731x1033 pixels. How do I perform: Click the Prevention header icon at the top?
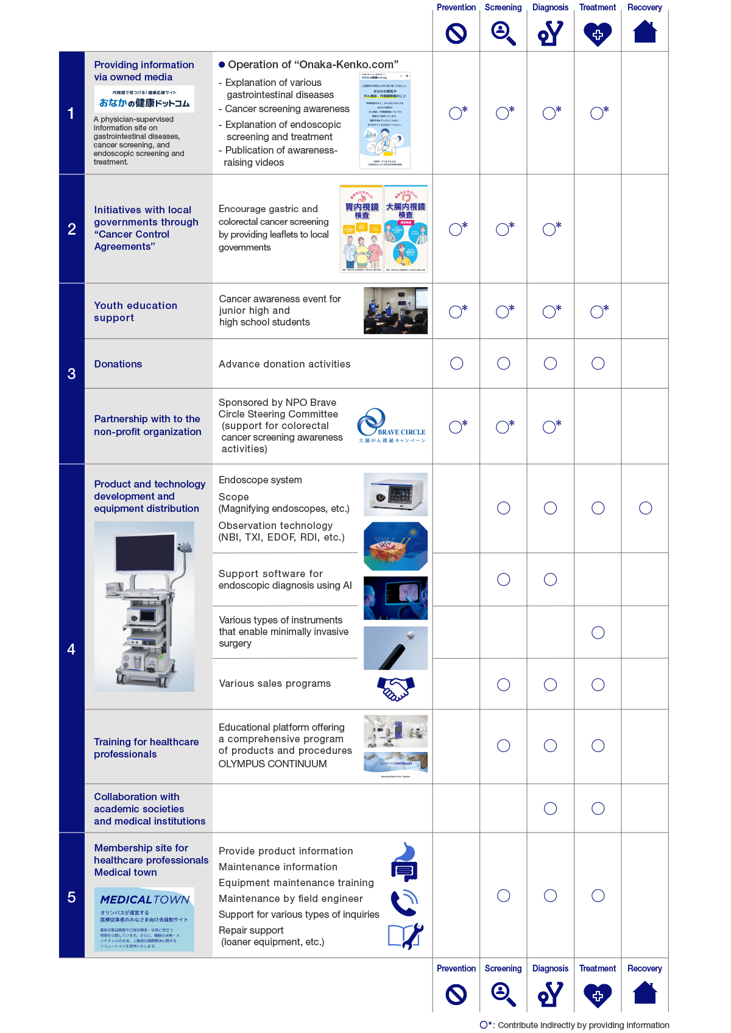click(x=456, y=34)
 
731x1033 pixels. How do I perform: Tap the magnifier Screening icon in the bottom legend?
click(x=503, y=994)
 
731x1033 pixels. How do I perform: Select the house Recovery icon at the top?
click(x=644, y=32)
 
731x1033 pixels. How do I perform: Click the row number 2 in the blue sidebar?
click(x=72, y=229)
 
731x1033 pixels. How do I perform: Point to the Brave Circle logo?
click(x=392, y=426)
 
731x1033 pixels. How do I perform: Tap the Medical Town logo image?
click(x=144, y=919)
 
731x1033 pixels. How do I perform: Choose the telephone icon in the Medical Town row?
click(x=403, y=903)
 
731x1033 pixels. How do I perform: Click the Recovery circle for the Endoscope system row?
click(x=646, y=508)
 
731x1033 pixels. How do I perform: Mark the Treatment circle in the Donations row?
click(x=598, y=364)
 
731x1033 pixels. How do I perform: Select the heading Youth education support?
click(x=136, y=311)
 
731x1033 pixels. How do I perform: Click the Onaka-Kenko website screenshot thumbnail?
click(x=385, y=121)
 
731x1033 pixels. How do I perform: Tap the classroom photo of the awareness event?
click(x=395, y=311)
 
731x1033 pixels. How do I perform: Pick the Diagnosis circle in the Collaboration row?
click(x=551, y=809)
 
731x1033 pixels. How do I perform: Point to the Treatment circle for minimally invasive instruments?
click(x=598, y=633)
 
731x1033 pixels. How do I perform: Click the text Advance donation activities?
click(x=284, y=364)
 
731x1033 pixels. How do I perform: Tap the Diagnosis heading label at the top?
click(x=550, y=7)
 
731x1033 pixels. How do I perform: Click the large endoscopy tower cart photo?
click(x=144, y=606)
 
